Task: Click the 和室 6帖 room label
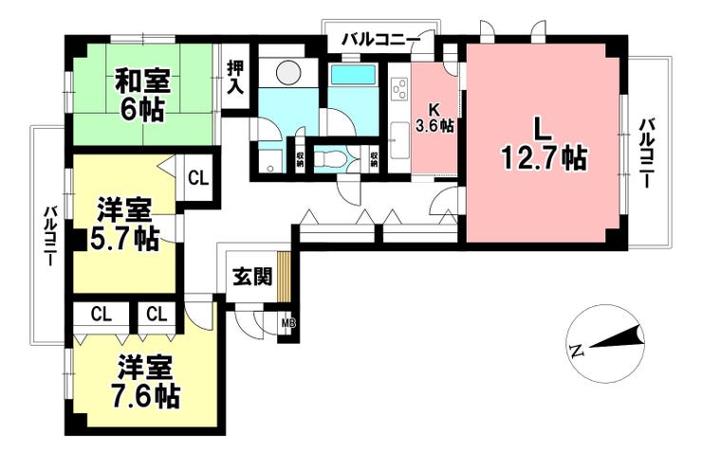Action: click(x=141, y=95)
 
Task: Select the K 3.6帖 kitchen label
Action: click(x=434, y=118)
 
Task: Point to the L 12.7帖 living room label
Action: click(x=544, y=144)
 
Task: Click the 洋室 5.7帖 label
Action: click(x=124, y=226)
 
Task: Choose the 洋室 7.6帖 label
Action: click(x=145, y=382)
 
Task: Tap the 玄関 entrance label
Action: click(x=252, y=278)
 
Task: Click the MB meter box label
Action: click(x=288, y=322)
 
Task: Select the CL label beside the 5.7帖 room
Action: click(x=198, y=178)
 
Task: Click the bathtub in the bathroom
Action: click(x=353, y=74)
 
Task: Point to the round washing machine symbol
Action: click(x=288, y=71)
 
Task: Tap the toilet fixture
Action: click(x=329, y=158)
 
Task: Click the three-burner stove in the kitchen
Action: click(x=399, y=89)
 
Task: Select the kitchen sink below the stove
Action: click(x=398, y=140)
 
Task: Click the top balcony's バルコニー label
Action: click(x=381, y=41)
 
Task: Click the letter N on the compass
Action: click(x=576, y=351)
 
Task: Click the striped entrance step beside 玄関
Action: click(x=284, y=277)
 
